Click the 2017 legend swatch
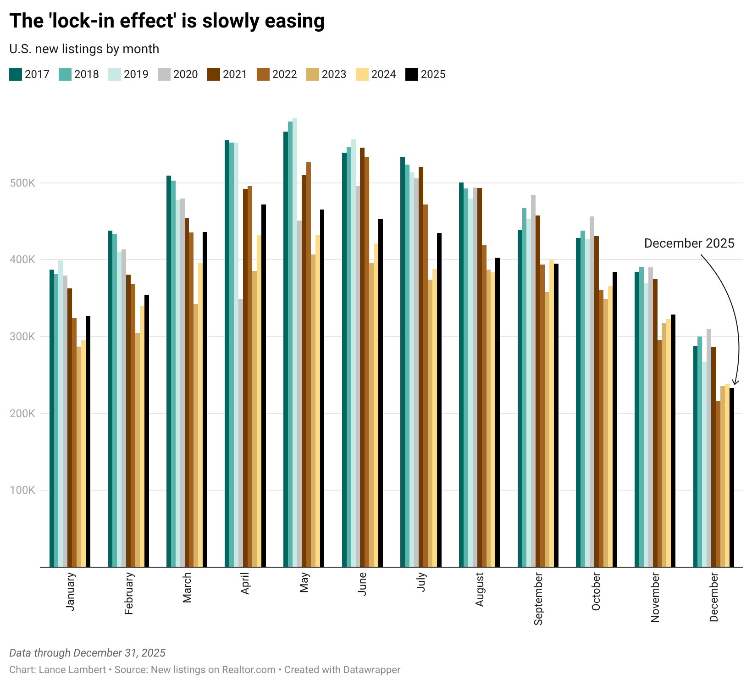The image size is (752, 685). coord(16,74)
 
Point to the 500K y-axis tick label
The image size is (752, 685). coord(22,183)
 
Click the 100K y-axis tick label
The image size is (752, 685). coord(22,490)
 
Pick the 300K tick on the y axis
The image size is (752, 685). coord(22,337)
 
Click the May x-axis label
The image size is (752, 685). coord(304,582)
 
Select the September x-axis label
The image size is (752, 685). coord(538,598)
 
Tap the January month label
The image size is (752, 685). coord(70,591)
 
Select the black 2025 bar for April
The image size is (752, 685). coord(264,386)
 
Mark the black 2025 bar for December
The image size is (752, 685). coord(732,477)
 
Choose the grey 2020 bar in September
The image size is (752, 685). coord(533,381)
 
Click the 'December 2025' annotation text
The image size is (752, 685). coord(689,243)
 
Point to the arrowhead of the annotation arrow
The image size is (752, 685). coord(735,384)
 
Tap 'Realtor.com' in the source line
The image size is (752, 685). coord(249,670)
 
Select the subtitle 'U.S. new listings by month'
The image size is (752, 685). coord(84,49)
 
